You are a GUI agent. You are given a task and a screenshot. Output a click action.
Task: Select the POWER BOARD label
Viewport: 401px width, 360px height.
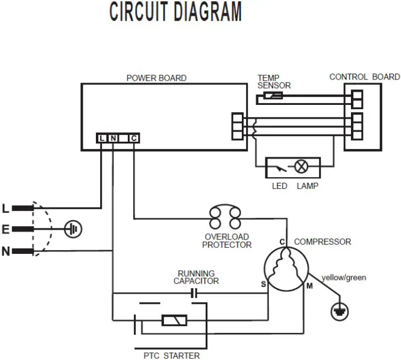[x=156, y=78]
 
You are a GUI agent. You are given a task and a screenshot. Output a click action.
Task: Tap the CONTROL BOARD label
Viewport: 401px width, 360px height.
[x=364, y=77]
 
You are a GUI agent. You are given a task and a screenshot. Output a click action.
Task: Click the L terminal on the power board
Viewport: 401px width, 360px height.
[x=102, y=138]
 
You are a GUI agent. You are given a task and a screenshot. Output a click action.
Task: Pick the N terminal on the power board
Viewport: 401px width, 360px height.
[x=113, y=138]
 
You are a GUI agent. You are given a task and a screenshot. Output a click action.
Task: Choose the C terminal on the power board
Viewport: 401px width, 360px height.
[x=133, y=138]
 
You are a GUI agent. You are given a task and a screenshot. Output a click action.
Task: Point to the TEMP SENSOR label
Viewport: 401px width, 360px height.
[x=274, y=82]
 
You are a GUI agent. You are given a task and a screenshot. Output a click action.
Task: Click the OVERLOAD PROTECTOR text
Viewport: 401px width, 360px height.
[x=227, y=241]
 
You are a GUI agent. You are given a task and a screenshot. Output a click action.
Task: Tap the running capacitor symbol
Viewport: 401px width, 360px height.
[x=194, y=294]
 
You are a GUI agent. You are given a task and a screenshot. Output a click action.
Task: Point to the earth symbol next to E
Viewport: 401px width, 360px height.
[x=74, y=229]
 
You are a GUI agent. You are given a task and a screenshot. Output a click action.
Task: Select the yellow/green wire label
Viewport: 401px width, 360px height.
[x=344, y=277]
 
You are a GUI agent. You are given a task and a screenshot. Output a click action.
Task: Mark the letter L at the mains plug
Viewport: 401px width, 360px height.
[x=6, y=209]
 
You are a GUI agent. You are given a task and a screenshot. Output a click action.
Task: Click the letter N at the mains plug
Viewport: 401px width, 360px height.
[x=6, y=251]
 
